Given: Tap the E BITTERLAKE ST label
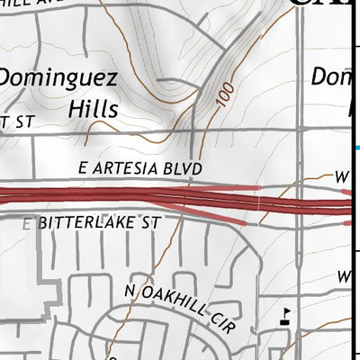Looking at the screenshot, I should click(x=86, y=222).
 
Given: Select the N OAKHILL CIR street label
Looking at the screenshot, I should click(x=181, y=307).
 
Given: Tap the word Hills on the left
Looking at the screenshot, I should click(x=93, y=109).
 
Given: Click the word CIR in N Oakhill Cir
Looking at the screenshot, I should click(x=224, y=324).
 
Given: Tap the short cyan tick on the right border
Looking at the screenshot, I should click(x=356, y=148).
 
